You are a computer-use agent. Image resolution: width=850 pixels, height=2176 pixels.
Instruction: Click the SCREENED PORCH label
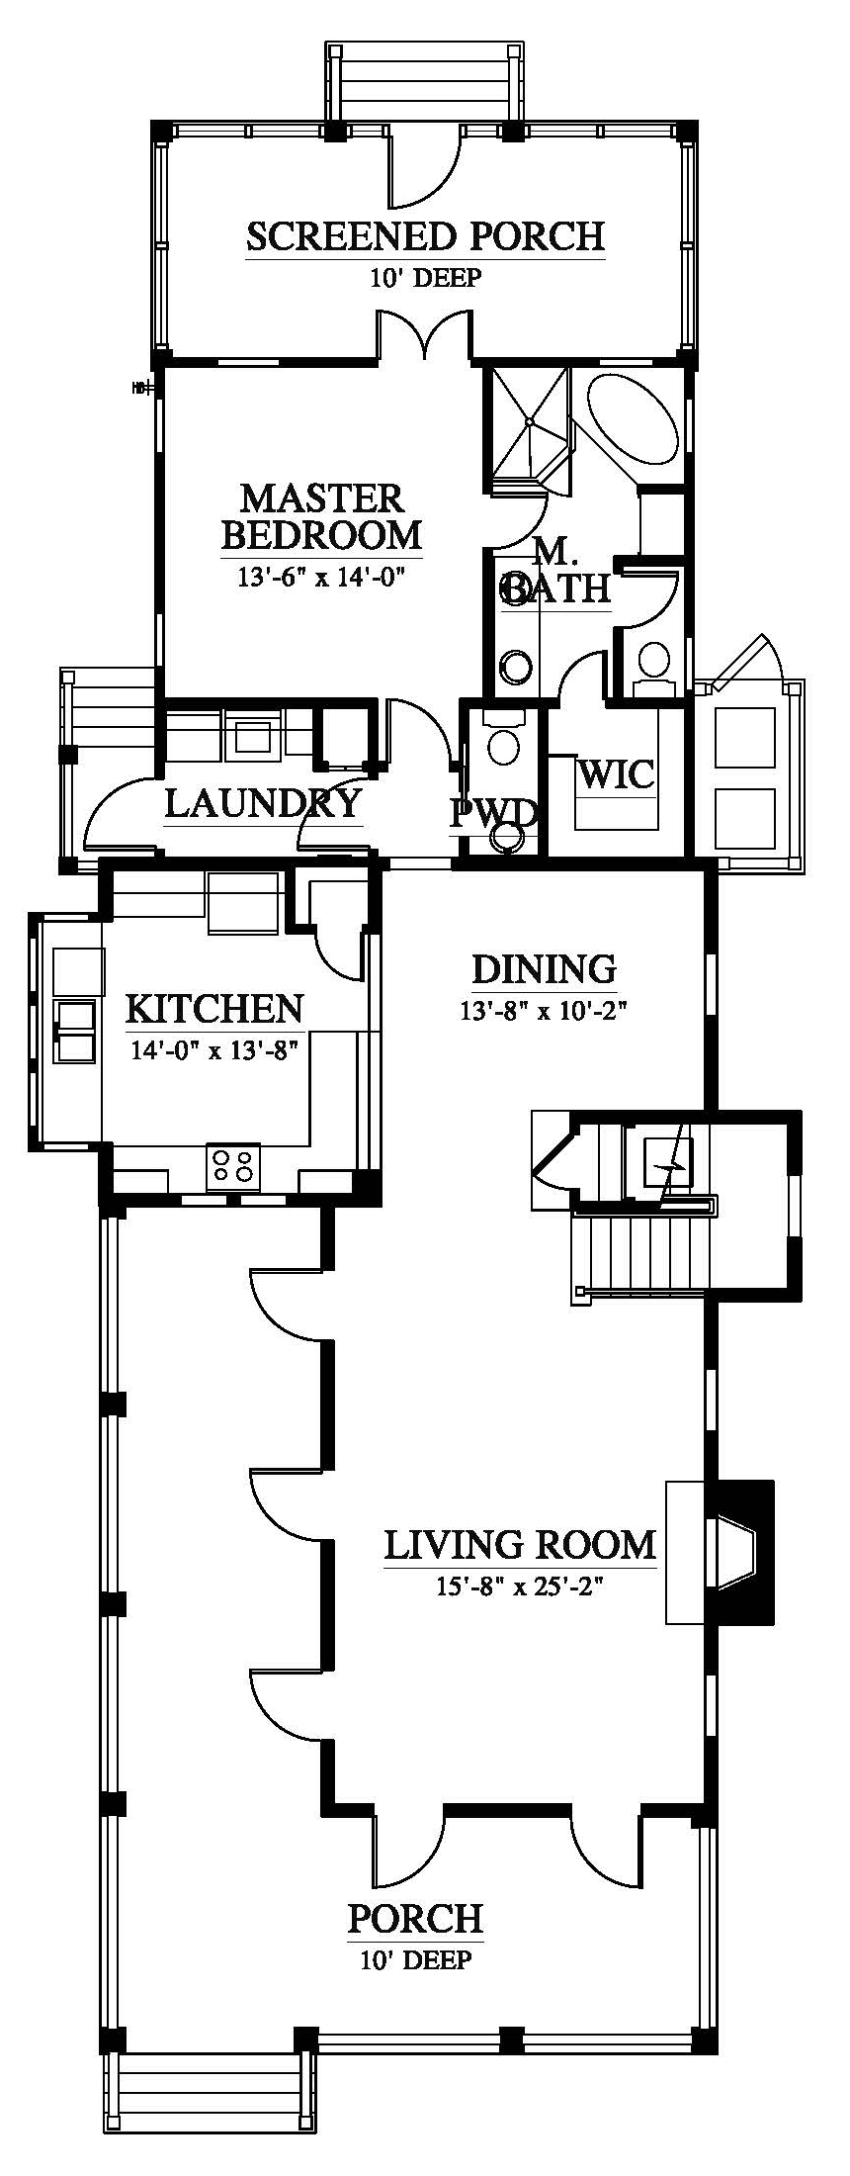pyautogui.click(x=425, y=237)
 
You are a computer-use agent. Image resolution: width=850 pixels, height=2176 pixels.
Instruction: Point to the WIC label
pyautogui.click(x=617, y=774)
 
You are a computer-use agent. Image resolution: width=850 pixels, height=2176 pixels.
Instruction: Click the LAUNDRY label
pyautogui.click(x=263, y=803)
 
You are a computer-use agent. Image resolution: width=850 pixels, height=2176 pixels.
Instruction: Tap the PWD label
pyautogui.click(x=493, y=814)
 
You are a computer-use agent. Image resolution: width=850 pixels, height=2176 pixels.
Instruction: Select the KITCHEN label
pyautogui.click(x=214, y=1008)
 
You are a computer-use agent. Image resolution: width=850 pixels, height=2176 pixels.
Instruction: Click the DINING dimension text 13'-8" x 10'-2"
pyautogui.click(x=544, y=1011)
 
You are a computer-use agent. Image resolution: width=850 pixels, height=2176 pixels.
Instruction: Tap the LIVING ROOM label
pyautogui.click(x=520, y=1544)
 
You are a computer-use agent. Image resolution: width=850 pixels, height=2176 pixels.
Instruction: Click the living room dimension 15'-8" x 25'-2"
pyautogui.click(x=520, y=1587)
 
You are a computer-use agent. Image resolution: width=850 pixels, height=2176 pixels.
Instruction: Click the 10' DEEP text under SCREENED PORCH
pyautogui.click(x=425, y=278)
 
